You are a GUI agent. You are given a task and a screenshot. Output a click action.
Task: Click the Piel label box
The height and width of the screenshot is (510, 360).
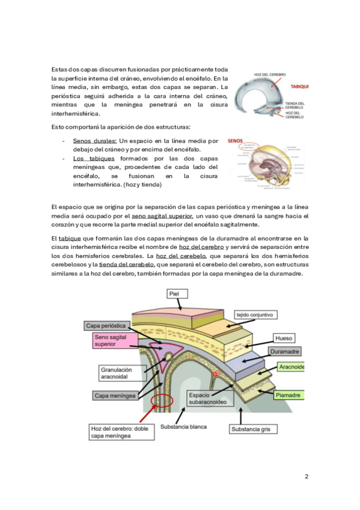[x=177, y=293]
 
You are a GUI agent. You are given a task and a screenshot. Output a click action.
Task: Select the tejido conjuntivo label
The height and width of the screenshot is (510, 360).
[x=255, y=315]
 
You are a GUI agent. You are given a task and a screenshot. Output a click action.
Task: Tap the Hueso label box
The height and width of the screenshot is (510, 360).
[x=283, y=338]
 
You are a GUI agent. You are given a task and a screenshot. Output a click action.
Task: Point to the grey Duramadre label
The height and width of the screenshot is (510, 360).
[x=285, y=352]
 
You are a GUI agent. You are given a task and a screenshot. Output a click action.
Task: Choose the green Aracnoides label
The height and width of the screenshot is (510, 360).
[x=291, y=367]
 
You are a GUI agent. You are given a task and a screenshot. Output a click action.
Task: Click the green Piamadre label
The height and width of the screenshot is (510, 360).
[x=289, y=395]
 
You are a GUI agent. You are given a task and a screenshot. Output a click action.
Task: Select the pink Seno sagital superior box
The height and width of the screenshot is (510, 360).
[x=115, y=340]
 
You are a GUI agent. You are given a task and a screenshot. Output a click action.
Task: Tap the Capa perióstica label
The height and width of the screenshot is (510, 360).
[x=106, y=326]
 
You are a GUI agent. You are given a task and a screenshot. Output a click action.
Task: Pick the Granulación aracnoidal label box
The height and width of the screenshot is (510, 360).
[x=123, y=373]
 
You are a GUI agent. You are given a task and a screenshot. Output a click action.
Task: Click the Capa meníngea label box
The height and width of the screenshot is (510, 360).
[x=115, y=396]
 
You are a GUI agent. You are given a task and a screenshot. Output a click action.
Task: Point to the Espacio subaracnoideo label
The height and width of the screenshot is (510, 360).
[x=210, y=398]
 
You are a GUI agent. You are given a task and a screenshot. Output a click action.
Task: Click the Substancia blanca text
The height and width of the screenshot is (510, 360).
[x=183, y=427]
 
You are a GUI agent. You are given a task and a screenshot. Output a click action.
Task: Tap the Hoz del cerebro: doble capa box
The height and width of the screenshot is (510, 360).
[x=121, y=432]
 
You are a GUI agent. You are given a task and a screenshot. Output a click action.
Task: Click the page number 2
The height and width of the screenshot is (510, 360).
[x=307, y=476]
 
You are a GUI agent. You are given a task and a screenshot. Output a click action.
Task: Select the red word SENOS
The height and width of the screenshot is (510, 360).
[x=235, y=141]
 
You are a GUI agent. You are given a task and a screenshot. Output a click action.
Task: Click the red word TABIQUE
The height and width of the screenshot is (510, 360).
[x=299, y=87]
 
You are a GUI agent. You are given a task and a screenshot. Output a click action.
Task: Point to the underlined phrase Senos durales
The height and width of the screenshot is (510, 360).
[x=95, y=141]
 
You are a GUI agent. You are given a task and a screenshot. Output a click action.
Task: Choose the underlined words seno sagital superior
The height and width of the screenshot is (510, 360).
[x=162, y=216]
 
